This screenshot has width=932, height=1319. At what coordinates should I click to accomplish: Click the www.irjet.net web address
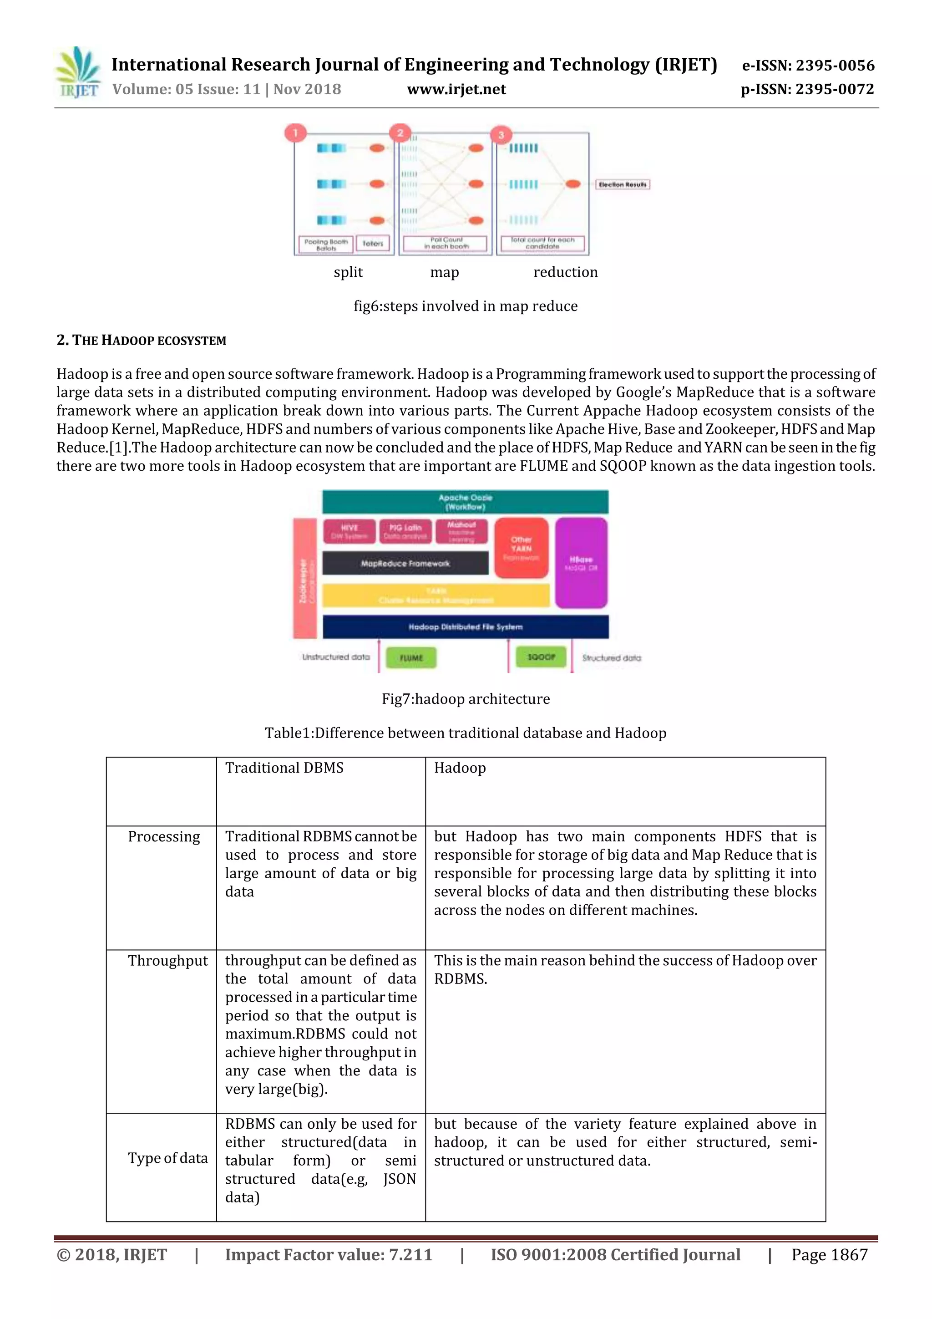point(456,89)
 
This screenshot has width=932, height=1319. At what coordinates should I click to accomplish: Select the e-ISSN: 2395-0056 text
point(808,65)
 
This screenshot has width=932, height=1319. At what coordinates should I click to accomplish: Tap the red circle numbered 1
point(295,133)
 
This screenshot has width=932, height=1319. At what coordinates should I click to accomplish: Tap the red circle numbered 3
point(501,135)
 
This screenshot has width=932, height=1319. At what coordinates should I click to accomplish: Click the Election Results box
point(622,184)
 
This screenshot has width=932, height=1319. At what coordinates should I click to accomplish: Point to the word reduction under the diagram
point(565,272)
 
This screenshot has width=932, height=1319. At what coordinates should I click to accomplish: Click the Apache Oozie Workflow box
point(465,502)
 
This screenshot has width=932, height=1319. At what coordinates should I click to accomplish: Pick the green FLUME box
point(410,658)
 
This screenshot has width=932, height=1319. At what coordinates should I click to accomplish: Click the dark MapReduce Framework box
point(405,564)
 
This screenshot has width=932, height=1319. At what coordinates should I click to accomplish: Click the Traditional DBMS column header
point(284,768)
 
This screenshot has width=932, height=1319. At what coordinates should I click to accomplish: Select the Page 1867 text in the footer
point(829,1255)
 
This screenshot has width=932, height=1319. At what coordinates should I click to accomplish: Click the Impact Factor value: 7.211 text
point(329,1255)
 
